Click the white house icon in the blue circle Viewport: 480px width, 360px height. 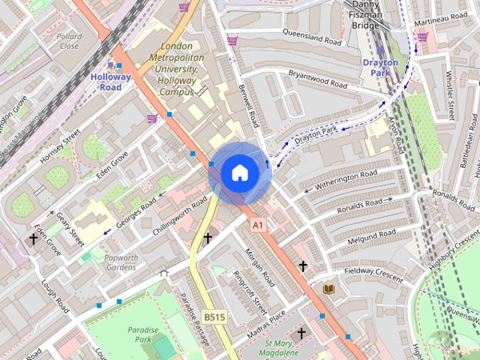240,173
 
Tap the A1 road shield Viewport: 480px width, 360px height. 258,224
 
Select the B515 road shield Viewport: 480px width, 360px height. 214,317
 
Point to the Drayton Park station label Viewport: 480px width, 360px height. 380,68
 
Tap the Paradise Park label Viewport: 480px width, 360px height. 142,334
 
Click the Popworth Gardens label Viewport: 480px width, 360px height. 121,262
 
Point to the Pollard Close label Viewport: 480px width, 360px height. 69,40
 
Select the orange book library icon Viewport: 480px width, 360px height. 328,289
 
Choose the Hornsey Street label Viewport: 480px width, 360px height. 60,147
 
